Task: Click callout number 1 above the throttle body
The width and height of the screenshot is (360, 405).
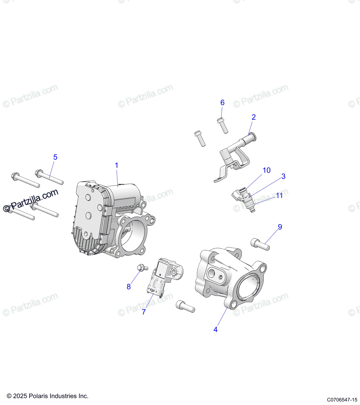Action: point(117,165)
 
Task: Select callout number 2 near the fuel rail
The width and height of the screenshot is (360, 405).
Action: point(254,117)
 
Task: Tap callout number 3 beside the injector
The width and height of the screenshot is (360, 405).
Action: point(283,176)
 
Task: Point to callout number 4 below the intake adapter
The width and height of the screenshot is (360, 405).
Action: point(215,329)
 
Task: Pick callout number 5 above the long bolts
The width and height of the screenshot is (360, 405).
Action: point(55,157)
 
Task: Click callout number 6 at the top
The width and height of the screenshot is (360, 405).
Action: point(222,102)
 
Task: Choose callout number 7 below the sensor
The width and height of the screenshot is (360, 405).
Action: point(144,312)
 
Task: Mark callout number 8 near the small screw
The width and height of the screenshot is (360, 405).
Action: point(129,287)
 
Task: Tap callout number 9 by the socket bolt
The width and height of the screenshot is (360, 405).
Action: point(280,227)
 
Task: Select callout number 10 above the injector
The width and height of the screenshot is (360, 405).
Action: point(266,170)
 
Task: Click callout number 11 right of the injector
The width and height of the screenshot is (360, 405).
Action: point(279,195)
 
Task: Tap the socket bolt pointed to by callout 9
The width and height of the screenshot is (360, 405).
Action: point(260,244)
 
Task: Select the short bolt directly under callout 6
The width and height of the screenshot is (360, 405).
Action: point(223,126)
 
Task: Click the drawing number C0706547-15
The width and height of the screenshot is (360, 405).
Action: point(342,400)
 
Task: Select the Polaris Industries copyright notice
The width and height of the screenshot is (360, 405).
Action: point(47,396)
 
